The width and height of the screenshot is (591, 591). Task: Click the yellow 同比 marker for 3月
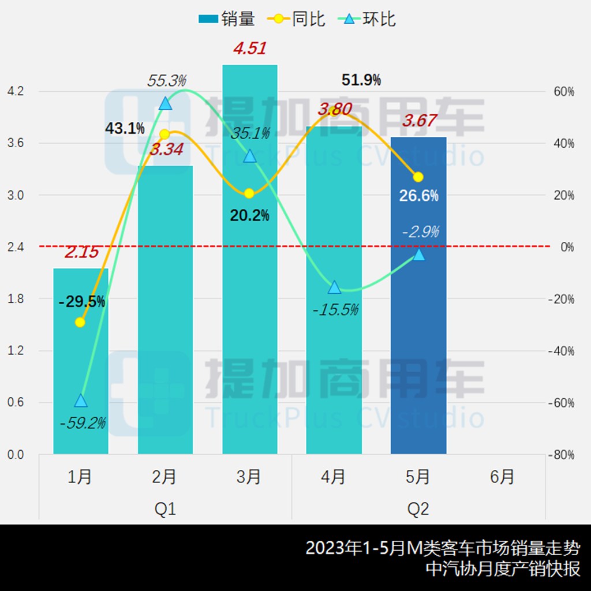coord(249,193)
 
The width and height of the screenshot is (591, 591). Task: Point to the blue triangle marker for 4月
coord(334,287)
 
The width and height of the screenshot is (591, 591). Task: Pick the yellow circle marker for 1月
coord(80,322)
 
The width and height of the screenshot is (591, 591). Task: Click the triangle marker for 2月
coord(165,103)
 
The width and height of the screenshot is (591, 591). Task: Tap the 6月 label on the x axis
coord(503,477)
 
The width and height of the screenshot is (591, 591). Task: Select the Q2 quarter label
coord(418,510)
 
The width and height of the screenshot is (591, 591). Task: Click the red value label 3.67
coord(420,121)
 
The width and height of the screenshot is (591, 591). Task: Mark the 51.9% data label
coord(361,80)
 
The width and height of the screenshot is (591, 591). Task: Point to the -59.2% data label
coord(83,424)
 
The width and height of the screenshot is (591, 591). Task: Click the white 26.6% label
coord(419,196)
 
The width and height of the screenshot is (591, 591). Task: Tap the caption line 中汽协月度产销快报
coord(503,568)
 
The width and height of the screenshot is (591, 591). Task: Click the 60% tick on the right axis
coord(562,91)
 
